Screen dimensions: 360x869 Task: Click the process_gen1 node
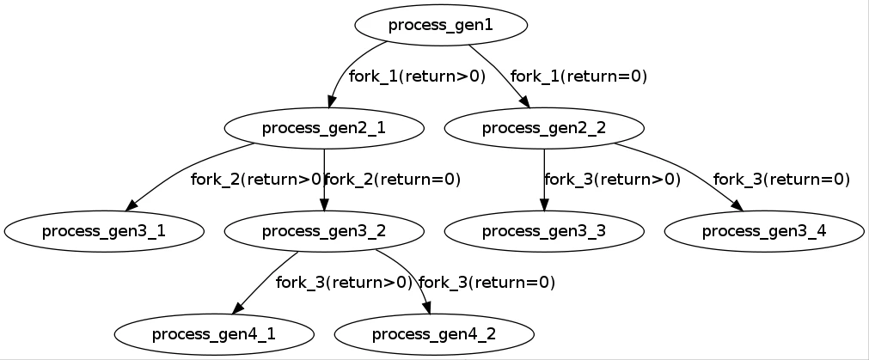(441, 25)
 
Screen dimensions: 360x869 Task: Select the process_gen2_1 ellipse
(324, 128)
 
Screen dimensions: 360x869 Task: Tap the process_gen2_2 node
(544, 128)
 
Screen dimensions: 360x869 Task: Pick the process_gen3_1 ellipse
(104, 230)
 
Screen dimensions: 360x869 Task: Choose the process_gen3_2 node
(324, 230)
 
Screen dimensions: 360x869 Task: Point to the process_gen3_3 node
(544, 230)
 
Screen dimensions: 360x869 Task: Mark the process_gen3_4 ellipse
(764, 230)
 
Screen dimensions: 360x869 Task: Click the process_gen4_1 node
(214, 333)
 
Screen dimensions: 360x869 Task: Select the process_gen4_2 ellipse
(434, 333)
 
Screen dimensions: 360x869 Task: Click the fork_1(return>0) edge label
(417, 76)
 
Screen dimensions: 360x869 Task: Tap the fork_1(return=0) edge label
(578, 76)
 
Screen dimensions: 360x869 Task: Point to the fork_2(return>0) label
(256, 180)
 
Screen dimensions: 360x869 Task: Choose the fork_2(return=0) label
(393, 180)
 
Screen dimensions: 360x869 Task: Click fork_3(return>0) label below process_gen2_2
(613, 180)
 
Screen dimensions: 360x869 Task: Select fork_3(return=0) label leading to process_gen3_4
(781, 180)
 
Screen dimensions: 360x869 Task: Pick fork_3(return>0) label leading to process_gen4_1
(345, 282)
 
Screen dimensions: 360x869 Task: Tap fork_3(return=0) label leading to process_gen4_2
(487, 282)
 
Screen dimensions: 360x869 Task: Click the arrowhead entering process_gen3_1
(132, 206)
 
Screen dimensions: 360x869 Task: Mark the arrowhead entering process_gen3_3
(544, 205)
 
